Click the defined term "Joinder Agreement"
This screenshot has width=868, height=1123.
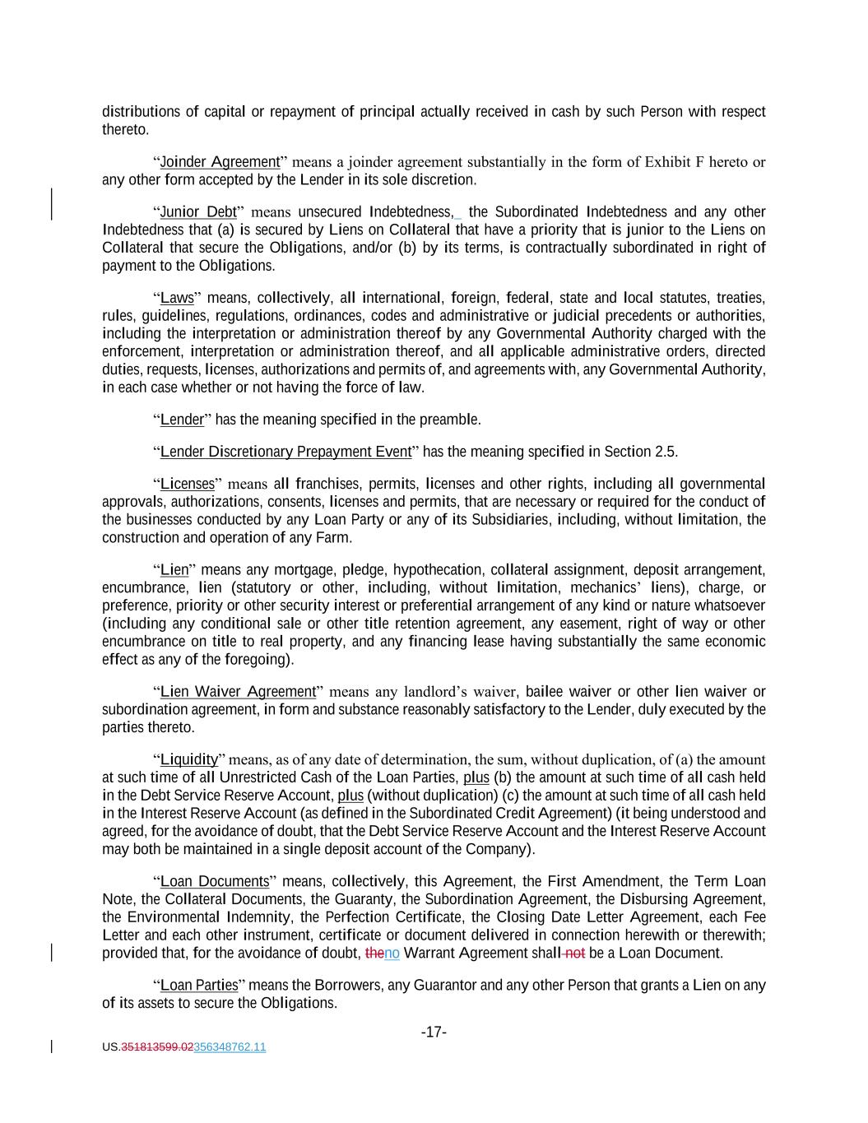(220, 162)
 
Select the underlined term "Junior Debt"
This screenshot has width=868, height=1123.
(198, 212)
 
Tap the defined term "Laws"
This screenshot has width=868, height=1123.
(177, 298)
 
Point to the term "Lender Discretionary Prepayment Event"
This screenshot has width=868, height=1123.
(285, 452)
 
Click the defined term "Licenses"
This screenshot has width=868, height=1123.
(187, 484)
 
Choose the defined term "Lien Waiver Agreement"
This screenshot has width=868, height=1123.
(238, 692)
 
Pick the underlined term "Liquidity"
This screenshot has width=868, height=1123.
(188, 759)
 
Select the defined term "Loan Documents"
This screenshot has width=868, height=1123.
(215, 881)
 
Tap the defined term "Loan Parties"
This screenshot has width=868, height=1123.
(199, 985)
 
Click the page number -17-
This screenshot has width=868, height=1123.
(434, 1032)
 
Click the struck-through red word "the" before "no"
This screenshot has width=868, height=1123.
(374, 954)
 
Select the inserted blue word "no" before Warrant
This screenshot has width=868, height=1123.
(392, 954)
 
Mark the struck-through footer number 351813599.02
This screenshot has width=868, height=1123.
(157, 1047)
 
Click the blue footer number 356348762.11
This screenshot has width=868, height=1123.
(230, 1047)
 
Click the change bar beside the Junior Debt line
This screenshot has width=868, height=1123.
(53, 204)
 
